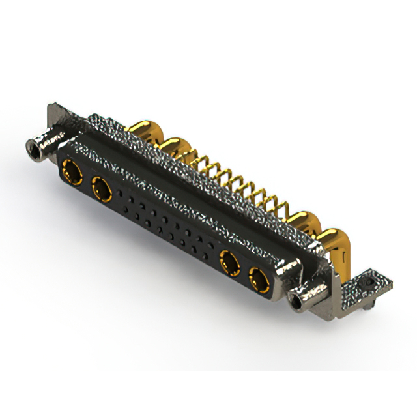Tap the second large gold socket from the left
tap(102, 190)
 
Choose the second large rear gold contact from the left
tap(173, 147)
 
